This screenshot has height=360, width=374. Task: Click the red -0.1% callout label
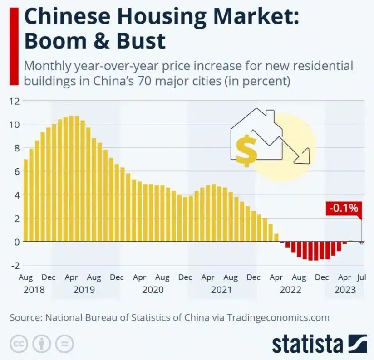pos(344,208)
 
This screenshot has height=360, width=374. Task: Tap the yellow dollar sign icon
pos(246,150)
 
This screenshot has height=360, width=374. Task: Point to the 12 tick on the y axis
pos(15,101)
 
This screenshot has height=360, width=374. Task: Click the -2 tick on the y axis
pos(15,265)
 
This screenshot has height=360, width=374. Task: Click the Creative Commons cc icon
pos(18,343)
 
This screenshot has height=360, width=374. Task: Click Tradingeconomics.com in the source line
pos(278,317)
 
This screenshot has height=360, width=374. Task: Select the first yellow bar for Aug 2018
pos(26,200)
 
